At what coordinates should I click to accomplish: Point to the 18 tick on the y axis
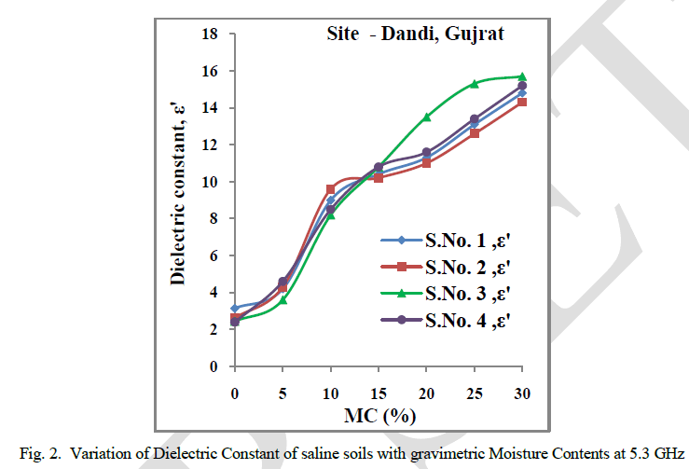(x=211, y=34)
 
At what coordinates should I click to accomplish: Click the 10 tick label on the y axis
(x=211, y=182)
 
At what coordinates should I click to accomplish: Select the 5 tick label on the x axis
(x=282, y=394)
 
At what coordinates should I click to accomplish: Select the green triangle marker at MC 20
(x=426, y=117)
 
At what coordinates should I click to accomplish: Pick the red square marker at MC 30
(x=522, y=102)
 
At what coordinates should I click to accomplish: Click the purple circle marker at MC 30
(x=522, y=86)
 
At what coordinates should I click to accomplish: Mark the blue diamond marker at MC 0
(x=235, y=308)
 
